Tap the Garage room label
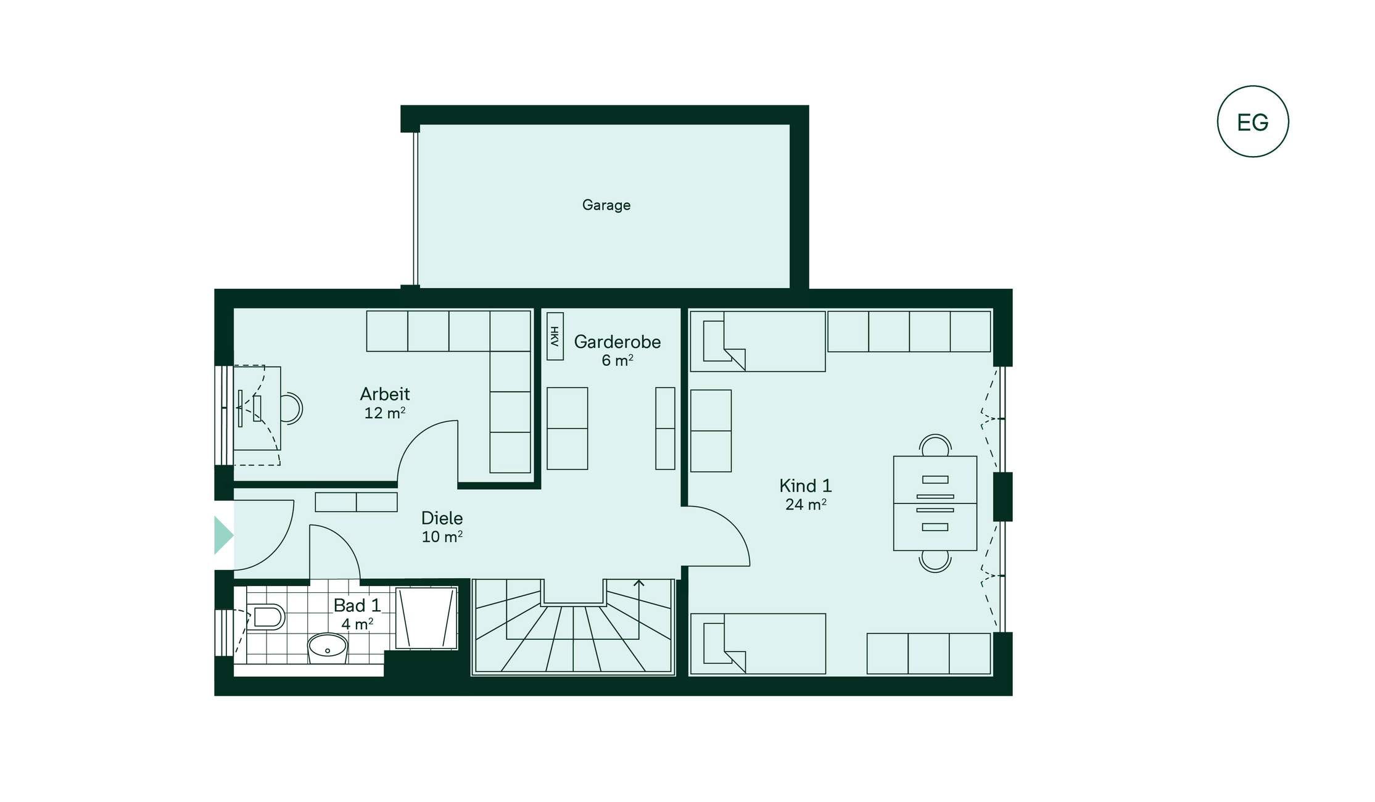(x=606, y=205)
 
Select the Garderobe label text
(x=617, y=342)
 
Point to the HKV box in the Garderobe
(x=555, y=336)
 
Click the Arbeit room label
(x=385, y=394)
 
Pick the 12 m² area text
(x=385, y=413)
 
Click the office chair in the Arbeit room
(x=292, y=408)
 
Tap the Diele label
(x=442, y=518)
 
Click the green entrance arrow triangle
(x=223, y=535)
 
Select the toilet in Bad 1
(x=266, y=616)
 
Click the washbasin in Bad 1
(x=328, y=648)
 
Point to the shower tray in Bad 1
(x=426, y=618)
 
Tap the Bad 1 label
(x=357, y=605)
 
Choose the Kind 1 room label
(x=806, y=486)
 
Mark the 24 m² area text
(x=806, y=504)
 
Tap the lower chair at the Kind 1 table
(x=935, y=561)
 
